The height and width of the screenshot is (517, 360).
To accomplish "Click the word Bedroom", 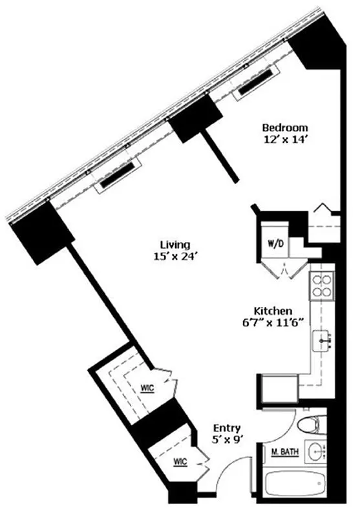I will (284, 127).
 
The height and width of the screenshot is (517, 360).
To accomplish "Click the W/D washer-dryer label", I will (273, 245).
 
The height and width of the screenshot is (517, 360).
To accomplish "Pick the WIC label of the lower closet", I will (180, 462).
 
